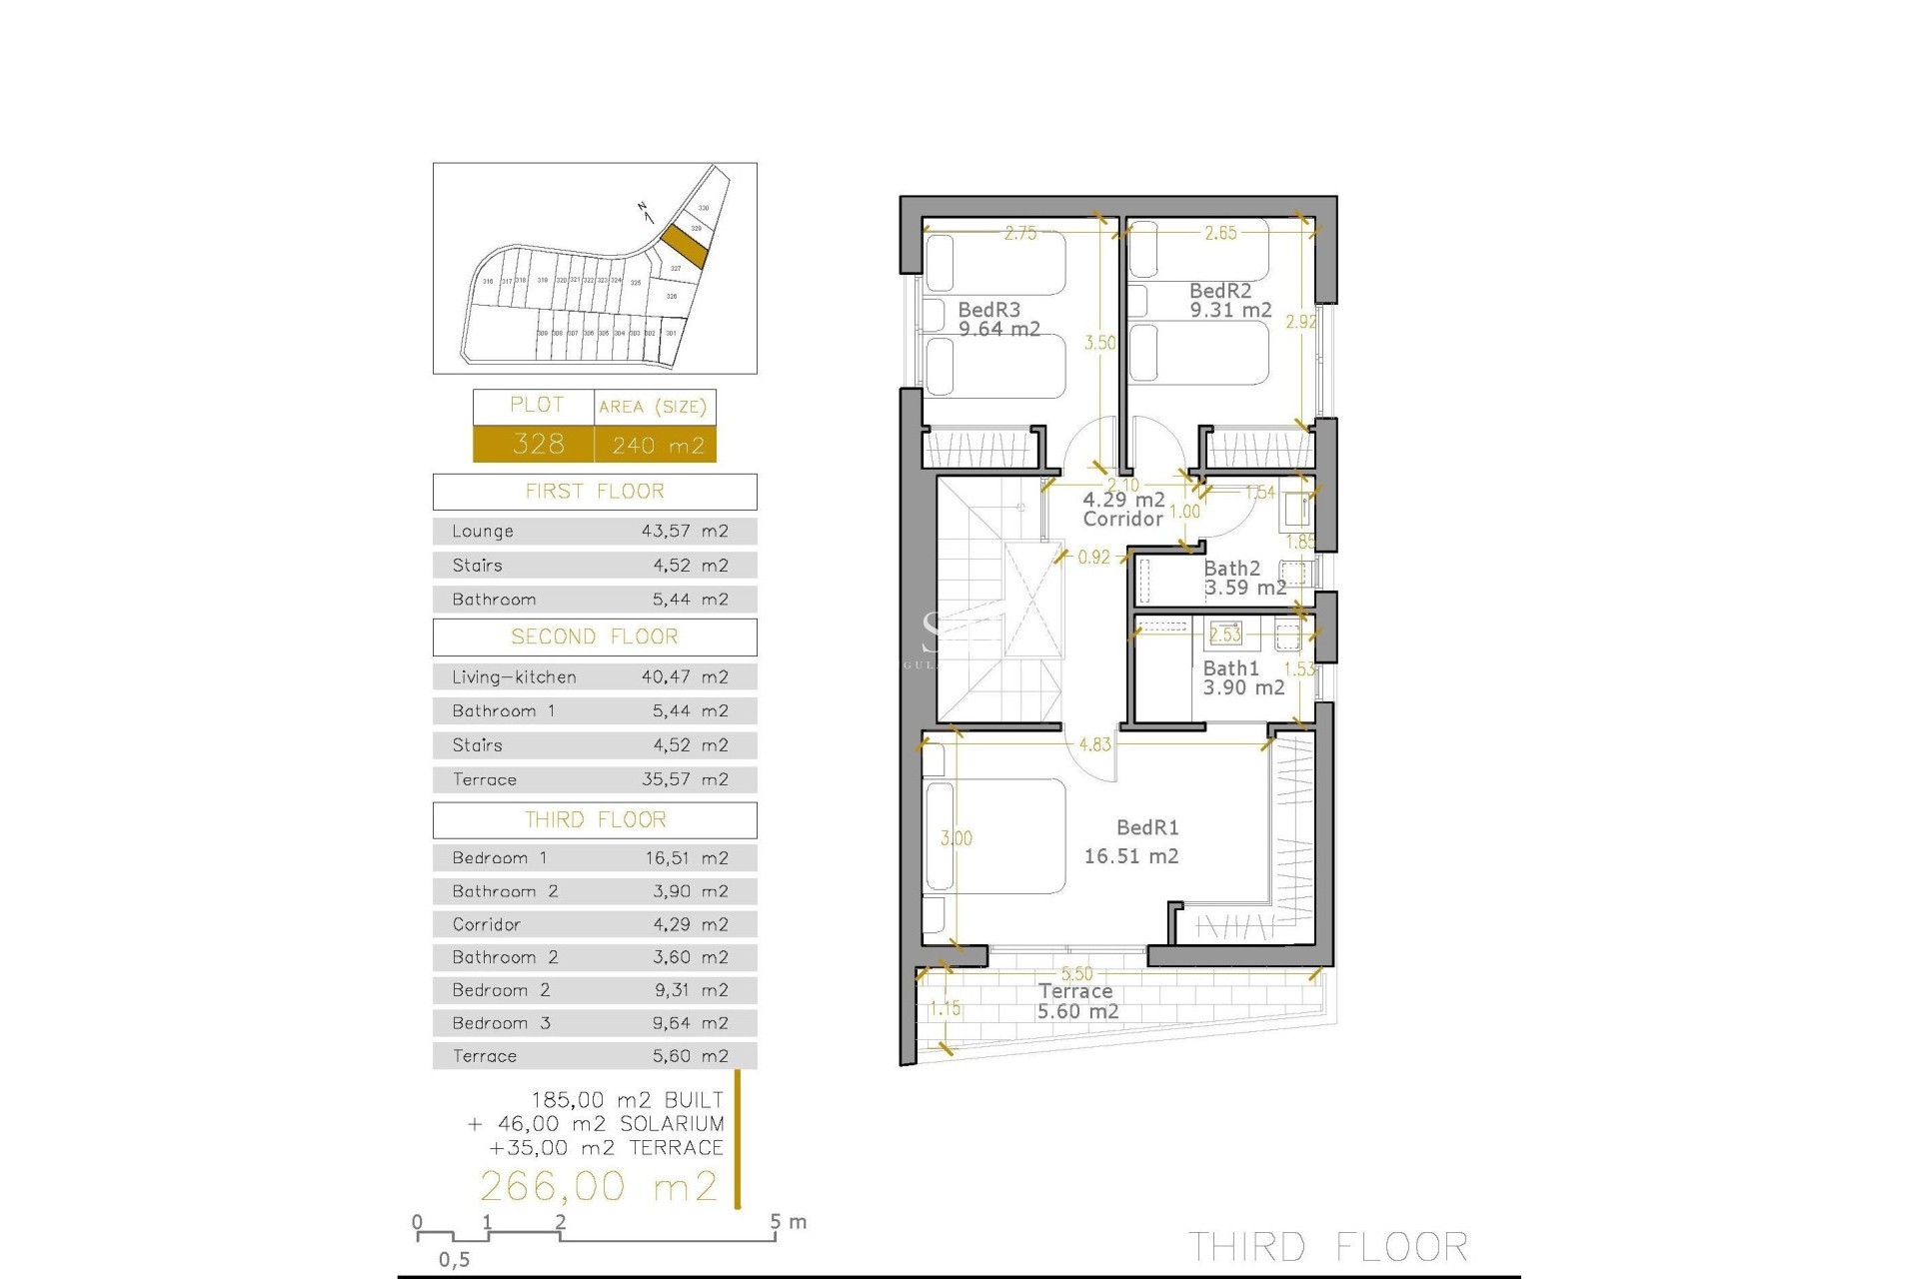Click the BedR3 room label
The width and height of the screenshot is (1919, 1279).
[x=989, y=311]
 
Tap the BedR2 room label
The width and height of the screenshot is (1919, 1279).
[x=1220, y=291]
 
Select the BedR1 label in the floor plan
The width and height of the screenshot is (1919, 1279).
[x=1147, y=827]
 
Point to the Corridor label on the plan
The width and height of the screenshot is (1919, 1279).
[x=1123, y=519]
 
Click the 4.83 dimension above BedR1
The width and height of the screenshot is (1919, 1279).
[x=1094, y=744]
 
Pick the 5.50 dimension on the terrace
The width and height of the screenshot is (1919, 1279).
[x=1076, y=973]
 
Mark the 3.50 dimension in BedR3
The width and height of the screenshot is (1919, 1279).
[x=1100, y=343]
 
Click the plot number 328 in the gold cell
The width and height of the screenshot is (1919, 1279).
[x=538, y=444]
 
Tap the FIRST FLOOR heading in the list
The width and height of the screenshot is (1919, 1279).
[x=595, y=492]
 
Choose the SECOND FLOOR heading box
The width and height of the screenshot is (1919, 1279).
[x=595, y=638]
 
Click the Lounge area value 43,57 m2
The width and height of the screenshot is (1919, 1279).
[x=685, y=532]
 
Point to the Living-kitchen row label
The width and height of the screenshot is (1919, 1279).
[x=514, y=677]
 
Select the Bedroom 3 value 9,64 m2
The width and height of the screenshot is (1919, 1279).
[x=690, y=1023]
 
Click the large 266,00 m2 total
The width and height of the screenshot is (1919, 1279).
[x=599, y=1186]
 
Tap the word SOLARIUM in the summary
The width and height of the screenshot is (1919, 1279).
[x=672, y=1124]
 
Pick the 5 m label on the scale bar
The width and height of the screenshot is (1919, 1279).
[x=789, y=1222]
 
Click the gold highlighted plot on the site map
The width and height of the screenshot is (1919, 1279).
[x=685, y=246]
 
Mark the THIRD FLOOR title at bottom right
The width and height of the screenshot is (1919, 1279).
[x=1327, y=1247]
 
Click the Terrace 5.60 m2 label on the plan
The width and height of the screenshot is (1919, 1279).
[x=1076, y=1001]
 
